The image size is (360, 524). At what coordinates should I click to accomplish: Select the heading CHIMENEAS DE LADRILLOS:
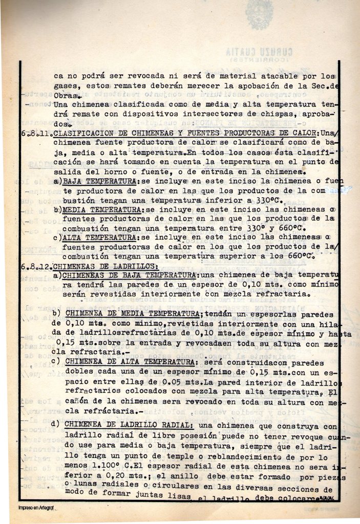(x=105, y=266)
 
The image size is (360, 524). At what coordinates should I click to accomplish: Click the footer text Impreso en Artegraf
(x=36, y=508)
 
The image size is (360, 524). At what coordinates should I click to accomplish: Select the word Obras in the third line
(x=65, y=96)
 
